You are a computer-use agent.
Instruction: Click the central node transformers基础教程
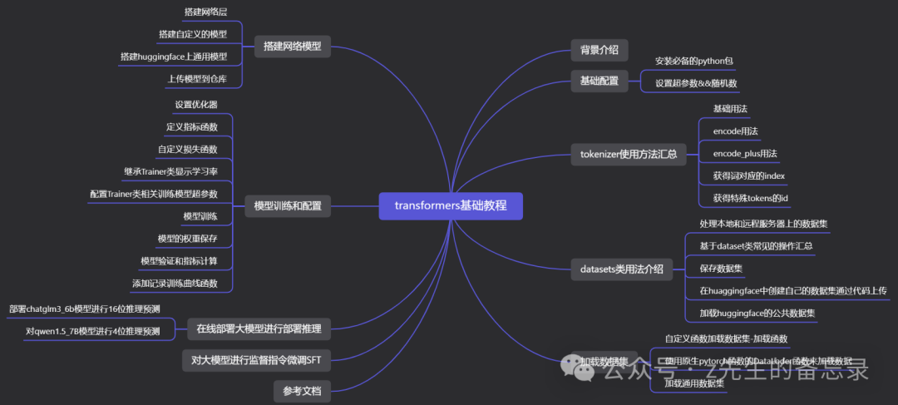451,205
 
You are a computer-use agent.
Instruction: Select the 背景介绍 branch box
599,49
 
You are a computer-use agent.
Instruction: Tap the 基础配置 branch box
599,81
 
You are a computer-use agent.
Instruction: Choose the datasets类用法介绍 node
621,269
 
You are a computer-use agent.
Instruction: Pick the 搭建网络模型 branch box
292,46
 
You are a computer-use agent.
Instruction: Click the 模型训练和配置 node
287,205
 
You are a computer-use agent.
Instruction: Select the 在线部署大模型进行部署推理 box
259,328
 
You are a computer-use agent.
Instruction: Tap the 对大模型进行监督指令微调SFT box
255,360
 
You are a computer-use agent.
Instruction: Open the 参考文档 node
302,390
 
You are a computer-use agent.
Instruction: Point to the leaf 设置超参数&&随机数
695,83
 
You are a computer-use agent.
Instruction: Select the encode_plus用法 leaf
744,154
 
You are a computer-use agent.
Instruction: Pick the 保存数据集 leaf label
721,269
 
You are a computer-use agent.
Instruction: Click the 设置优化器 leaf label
196,105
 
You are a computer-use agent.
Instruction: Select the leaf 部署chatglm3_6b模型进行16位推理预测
84,309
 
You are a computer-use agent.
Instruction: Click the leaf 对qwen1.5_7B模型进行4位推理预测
92,331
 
